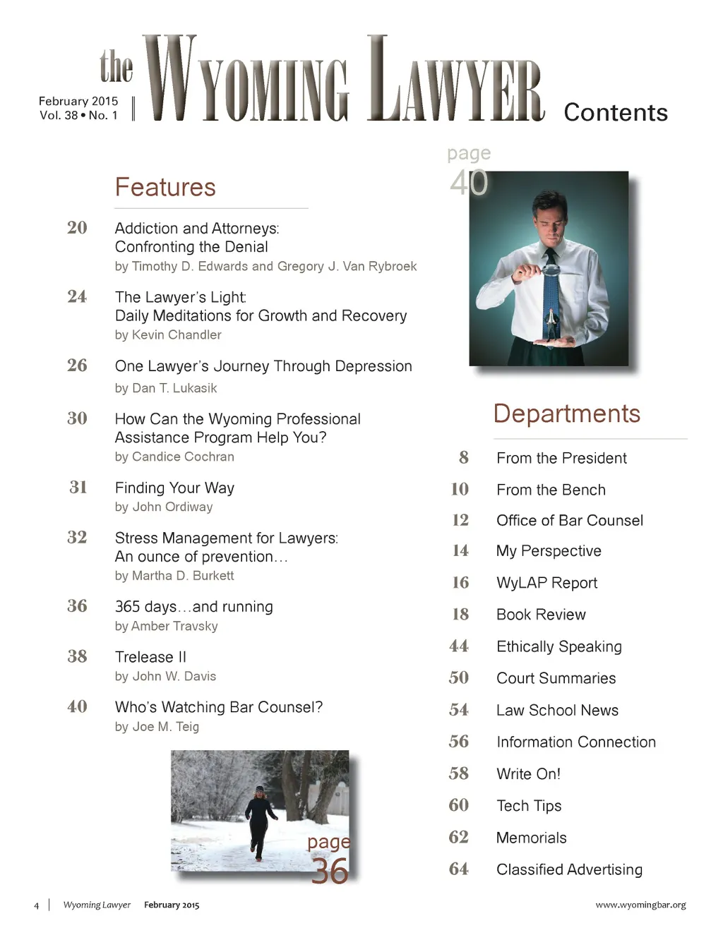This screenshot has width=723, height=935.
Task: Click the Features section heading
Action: coord(165,187)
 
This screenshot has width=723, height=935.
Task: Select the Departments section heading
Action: coord(567,414)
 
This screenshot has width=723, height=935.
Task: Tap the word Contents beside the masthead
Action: coord(616,112)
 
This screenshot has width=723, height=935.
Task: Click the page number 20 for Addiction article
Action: coord(77,227)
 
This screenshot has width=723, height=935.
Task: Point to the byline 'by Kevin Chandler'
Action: coord(168,334)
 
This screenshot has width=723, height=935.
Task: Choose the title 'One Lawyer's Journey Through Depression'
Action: coord(263,366)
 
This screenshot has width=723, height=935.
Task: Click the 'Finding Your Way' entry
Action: coord(174,488)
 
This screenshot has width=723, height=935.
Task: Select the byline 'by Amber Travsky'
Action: coord(166,626)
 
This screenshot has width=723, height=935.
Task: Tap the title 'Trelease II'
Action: coord(150,657)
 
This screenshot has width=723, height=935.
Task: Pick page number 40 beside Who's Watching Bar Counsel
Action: coord(77,706)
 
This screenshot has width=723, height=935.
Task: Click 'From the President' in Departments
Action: coord(561,458)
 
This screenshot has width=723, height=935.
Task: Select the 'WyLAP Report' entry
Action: coord(546,583)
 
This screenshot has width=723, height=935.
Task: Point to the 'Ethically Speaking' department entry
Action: coord(559,646)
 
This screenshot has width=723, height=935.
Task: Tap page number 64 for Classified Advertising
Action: coord(458,869)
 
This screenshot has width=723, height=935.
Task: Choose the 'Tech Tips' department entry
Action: coord(529,806)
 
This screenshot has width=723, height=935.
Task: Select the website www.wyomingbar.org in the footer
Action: coord(640,905)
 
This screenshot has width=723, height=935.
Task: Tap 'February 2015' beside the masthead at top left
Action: coord(78,101)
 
